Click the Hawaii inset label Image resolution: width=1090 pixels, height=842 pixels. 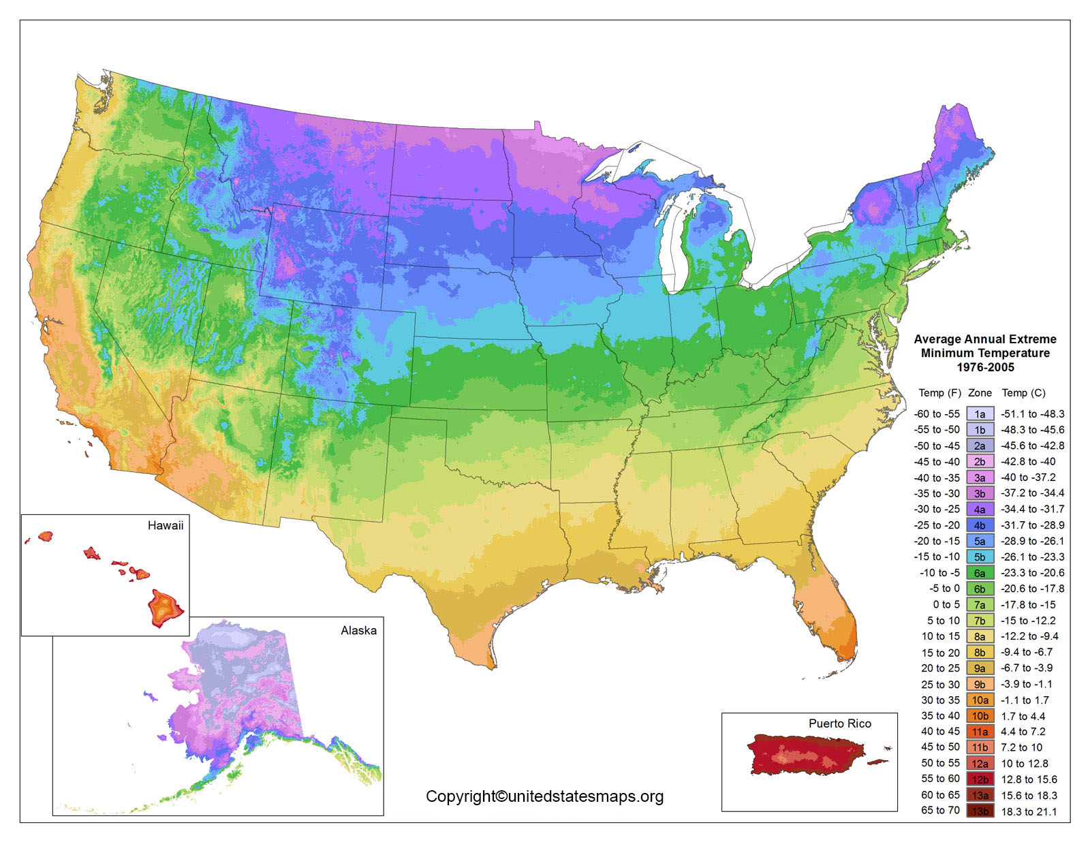pos(166,525)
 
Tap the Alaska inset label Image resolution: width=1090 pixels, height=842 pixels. pos(358,630)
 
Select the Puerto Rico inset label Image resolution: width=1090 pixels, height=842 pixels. pos(839,723)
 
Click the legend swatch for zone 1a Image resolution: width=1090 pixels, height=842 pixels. pos(980,414)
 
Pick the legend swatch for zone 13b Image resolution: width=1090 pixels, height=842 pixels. pos(980,811)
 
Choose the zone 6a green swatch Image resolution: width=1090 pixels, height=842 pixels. pos(980,573)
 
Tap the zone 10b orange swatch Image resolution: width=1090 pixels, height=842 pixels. pos(980,716)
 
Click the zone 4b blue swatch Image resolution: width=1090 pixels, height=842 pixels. pos(980,525)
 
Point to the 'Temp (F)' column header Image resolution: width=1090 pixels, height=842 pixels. pos(939,393)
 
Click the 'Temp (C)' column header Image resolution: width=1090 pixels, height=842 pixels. pos(1023,393)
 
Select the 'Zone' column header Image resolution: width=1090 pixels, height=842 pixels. pos(980,393)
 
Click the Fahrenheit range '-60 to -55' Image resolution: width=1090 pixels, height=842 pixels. pos(937,414)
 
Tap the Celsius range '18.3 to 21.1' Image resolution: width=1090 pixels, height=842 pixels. pos(1029,811)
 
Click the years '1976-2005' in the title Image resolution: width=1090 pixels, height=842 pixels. pos(985,367)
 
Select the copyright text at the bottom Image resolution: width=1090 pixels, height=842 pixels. pos(544,796)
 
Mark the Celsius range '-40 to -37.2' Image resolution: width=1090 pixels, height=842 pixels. pos(1028,478)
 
